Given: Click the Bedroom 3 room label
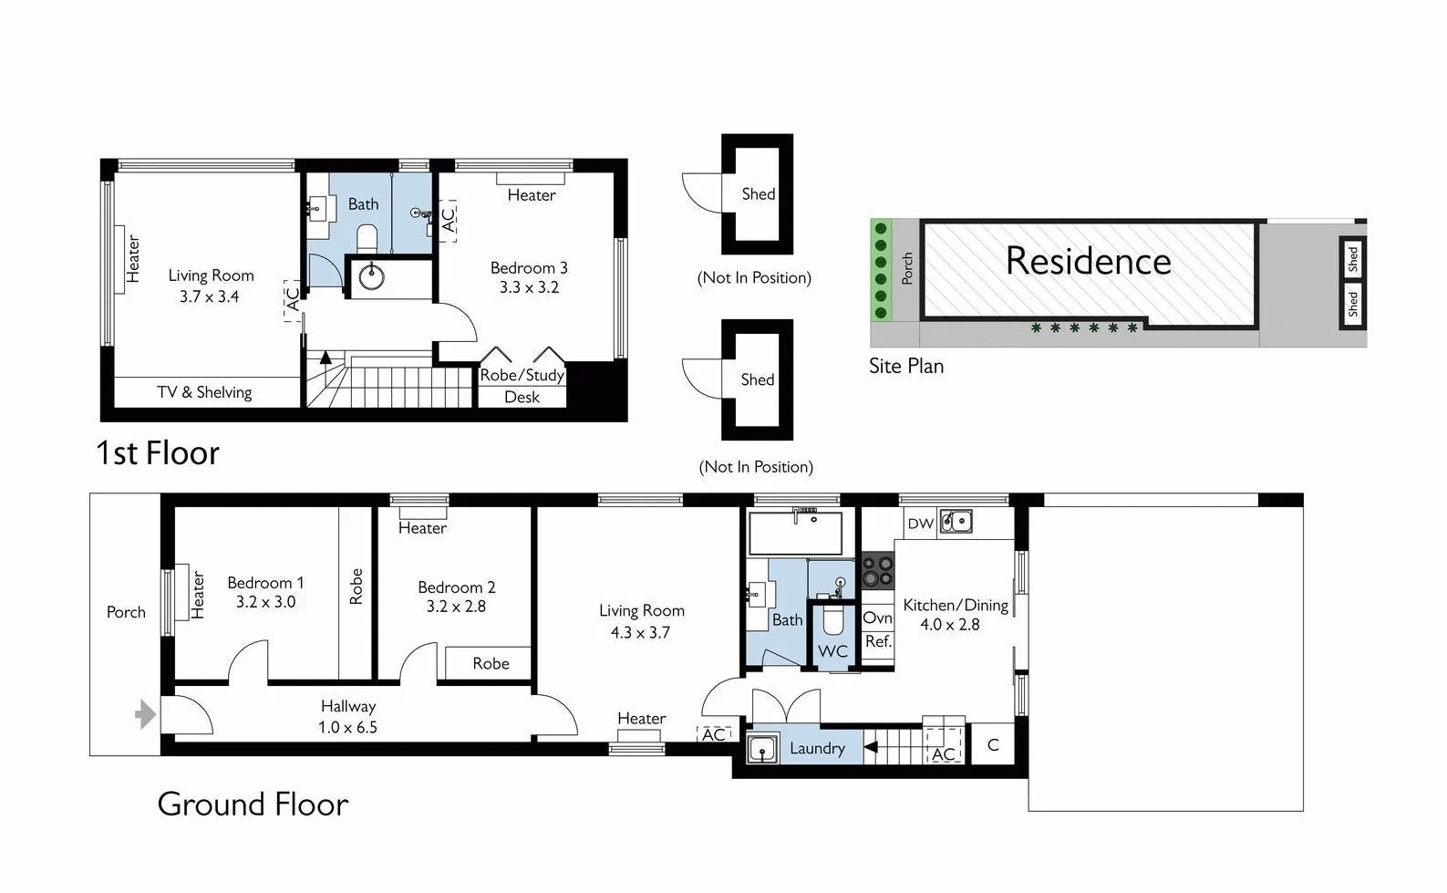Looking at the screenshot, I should pyautogui.click(x=529, y=268).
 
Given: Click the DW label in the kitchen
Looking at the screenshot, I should pyautogui.click(x=921, y=524).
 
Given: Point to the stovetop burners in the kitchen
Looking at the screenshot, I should pyautogui.click(x=878, y=571).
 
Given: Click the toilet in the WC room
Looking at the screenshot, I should pyautogui.click(x=832, y=621).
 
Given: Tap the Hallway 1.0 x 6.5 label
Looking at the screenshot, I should pyautogui.click(x=347, y=717).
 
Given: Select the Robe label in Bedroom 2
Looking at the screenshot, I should pyautogui.click(x=491, y=664).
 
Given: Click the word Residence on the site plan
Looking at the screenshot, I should pyautogui.click(x=1088, y=262).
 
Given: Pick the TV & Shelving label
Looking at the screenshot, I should pyautogui.click(x=204, y=392).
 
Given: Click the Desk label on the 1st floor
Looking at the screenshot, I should pyautogui.click(x=522, y=398).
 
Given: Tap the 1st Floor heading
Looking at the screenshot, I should pyautogui.click(x=158, y=453).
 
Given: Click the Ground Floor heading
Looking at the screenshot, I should pyautogui.click(x=253, y=805).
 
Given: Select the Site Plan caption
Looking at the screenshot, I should pyautogui.click(x=905, y=367).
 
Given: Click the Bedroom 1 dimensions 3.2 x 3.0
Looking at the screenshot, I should pyautogui.click(x=265, y=602).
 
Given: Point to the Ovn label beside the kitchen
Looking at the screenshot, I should pyautogui.click(x=877, y=618).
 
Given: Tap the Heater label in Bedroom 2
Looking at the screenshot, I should pyautogui.click(x=422, y=528).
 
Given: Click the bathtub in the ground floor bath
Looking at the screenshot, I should pyautogui.click(x=795, y=534).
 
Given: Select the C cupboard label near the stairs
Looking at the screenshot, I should pyautogui.click(x=993, y=745).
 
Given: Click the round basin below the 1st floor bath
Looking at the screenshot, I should pyautogui.click(x=371, y=276).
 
